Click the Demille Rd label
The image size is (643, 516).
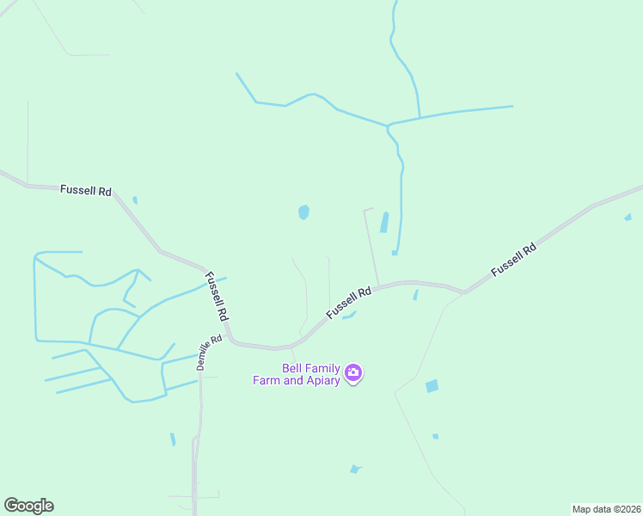209,352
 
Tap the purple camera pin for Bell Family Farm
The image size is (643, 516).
353,373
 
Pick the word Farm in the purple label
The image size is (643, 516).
265,380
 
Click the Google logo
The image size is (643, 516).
28,506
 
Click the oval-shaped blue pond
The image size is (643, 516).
303,212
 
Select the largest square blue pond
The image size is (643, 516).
432,386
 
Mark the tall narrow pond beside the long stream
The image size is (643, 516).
384,223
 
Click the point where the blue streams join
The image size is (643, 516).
389,125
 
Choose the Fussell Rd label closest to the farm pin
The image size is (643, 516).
348,303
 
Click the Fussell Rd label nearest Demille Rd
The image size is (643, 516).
217,297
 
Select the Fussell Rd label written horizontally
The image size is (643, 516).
86,190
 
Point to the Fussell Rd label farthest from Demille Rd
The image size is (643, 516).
513,259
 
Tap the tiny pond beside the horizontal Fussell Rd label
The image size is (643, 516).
135,200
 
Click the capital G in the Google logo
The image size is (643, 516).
11,505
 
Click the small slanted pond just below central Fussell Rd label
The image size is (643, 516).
349,316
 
